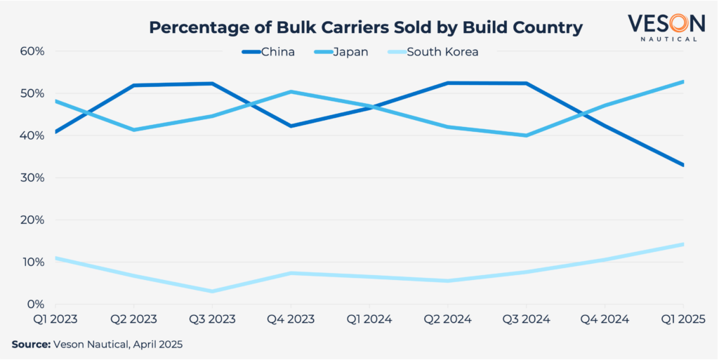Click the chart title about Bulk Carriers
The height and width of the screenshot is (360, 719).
pos(366,28)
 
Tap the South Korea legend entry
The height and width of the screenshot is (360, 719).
pos(442,52)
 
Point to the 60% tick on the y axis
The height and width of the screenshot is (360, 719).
pos(33,51)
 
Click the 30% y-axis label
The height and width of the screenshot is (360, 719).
pos(33,178)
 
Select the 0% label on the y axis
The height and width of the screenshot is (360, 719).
pos(36,305)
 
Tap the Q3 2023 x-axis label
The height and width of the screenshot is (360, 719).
pos(211,319)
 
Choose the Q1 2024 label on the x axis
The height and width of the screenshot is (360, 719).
pos(369,319)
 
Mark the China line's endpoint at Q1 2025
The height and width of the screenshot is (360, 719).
pos(682,165)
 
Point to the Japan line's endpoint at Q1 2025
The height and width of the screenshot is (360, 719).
pos(682,82)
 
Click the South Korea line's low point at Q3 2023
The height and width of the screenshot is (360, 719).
pos(212,291)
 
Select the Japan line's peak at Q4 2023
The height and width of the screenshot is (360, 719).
pos(291,92)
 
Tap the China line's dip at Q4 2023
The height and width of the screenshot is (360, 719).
pos(291,126)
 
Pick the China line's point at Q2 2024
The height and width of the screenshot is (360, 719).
pos(447,83)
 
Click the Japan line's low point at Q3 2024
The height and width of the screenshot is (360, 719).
pos(526,135)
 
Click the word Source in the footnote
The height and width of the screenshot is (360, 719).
pos(30,345)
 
